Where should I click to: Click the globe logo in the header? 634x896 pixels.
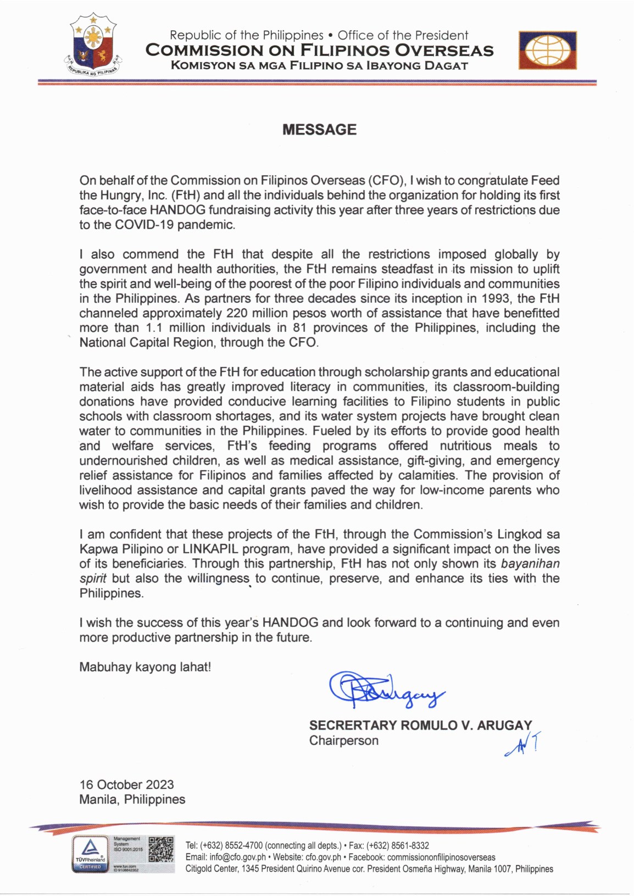[x=547, y=50]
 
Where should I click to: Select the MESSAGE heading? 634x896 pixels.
[x=319, y=130]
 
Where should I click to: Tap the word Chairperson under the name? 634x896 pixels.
[x=343, y=741]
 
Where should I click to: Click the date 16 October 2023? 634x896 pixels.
[x=126, y=784]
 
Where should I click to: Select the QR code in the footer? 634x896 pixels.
[x=161, y=849]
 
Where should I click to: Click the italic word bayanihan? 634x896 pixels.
[x=530, y=564]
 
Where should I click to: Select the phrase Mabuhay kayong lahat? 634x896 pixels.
[x=145, y=667]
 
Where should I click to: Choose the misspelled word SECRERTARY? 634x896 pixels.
[x=353, y=725]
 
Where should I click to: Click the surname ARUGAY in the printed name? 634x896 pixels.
[x=504, y=725]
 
